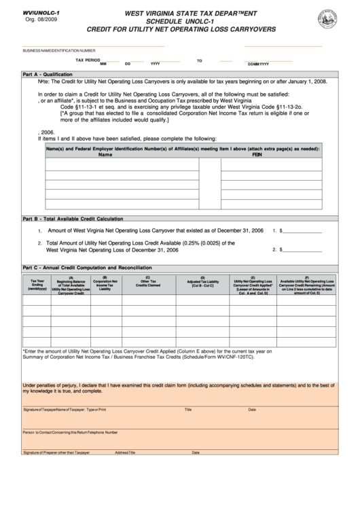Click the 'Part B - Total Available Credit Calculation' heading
(73, 219)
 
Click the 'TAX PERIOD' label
(88, 60)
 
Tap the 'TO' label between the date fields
(200, 60)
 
